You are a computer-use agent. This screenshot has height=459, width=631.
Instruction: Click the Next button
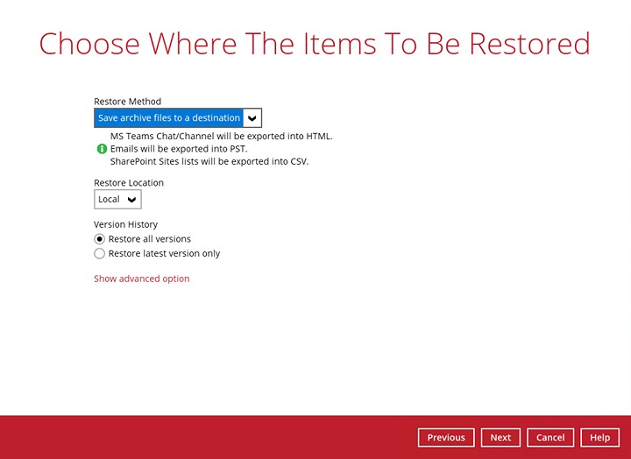500,437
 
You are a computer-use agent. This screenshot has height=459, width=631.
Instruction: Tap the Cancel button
550,437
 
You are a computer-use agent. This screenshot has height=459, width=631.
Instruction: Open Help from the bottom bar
599,437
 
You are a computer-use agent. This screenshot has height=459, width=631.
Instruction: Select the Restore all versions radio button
99,239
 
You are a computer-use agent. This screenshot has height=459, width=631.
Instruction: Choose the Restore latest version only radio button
99,253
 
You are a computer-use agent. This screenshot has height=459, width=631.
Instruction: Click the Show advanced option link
142,279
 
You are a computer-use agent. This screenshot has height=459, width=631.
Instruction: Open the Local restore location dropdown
117,199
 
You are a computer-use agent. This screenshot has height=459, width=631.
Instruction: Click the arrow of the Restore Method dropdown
252,118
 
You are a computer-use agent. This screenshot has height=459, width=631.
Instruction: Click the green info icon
103,149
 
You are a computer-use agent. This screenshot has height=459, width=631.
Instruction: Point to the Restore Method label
128,102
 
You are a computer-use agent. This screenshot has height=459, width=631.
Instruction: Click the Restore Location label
129,182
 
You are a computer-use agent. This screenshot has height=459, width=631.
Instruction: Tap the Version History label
125,224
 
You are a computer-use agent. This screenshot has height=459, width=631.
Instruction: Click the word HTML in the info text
319,136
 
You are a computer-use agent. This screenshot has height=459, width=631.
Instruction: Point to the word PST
238,149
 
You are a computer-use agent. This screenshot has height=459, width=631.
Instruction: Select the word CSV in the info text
300,161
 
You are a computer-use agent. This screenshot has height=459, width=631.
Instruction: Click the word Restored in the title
529,44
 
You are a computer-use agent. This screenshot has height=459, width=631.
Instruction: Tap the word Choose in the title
89,44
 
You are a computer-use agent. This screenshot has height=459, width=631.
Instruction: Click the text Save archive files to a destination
169,118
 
